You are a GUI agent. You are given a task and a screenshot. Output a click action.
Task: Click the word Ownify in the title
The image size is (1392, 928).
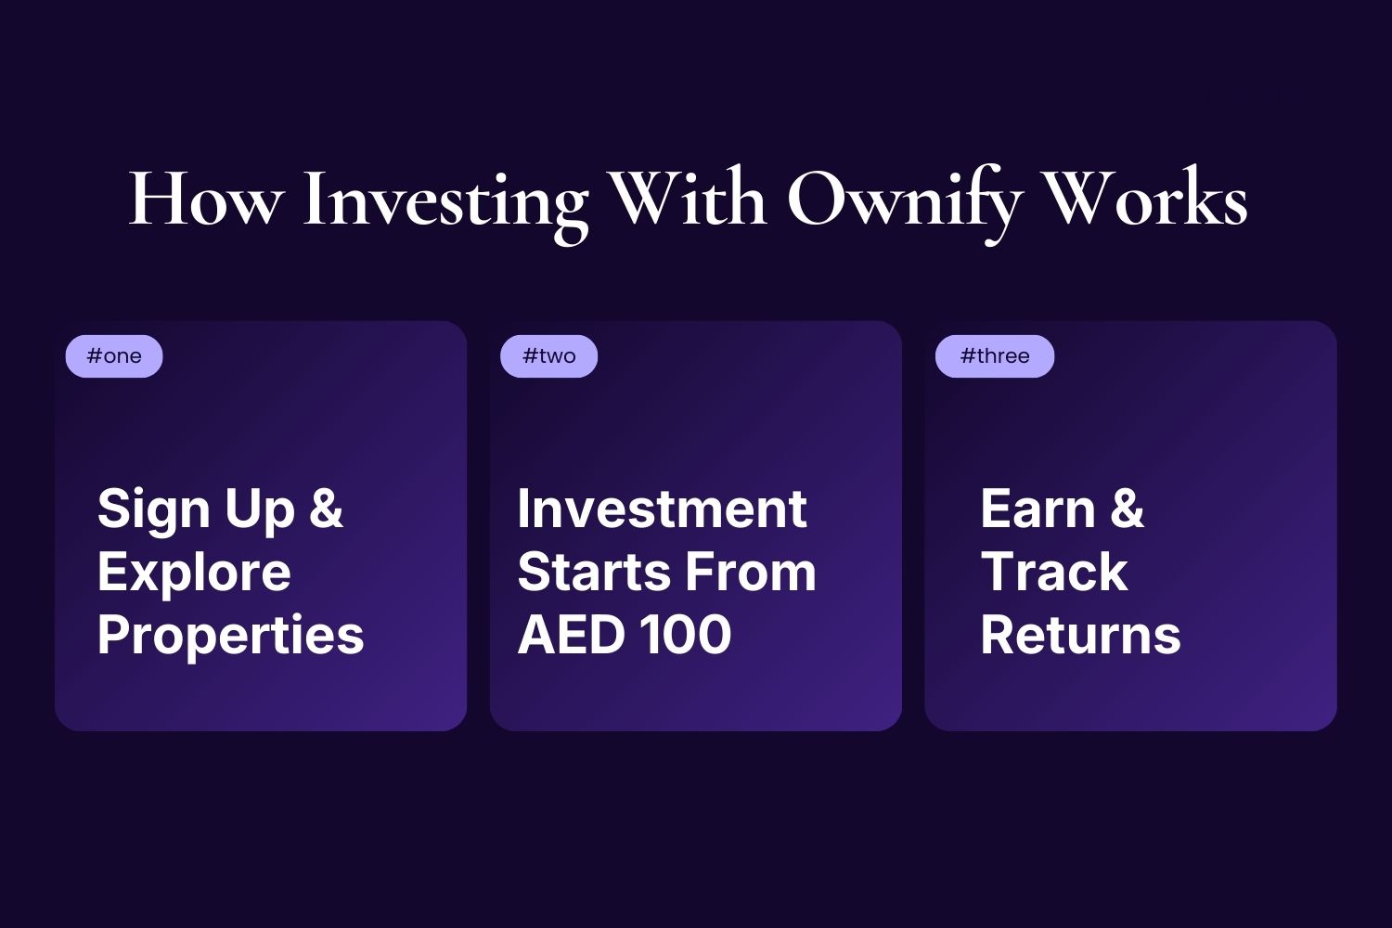click(x=904, y=200)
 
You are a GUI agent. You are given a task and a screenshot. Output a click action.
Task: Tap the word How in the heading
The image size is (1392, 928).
click(x=205, y=200)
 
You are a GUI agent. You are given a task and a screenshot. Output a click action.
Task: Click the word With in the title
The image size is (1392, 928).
click(x=688, y=199)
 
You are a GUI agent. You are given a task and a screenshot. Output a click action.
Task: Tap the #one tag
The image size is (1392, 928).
click(x=114, y=356)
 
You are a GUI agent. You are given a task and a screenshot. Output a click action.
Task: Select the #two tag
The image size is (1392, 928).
click(x=548, y=356)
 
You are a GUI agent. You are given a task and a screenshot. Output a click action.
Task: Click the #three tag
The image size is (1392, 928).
click(x=995, y=356)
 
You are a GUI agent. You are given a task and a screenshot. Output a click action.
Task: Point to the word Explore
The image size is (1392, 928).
click(x=194, y=573)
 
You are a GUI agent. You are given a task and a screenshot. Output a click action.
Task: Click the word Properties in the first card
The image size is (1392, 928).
click(x=230, y=636)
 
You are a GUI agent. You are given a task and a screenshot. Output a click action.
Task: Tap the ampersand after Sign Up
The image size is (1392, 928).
click(x=327, y=509)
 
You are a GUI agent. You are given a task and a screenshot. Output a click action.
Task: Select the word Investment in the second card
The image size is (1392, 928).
click(x=662, y=509)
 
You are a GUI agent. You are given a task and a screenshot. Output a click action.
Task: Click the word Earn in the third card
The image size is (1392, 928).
click(x=1038, y=509)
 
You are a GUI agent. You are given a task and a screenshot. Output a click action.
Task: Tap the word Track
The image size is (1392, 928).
click(x=1054, y=572)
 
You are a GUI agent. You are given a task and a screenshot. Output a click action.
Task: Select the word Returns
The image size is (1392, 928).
click(x=1080, y=635)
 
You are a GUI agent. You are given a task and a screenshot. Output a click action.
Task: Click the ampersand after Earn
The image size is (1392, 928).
click(x=1127, y=509)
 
